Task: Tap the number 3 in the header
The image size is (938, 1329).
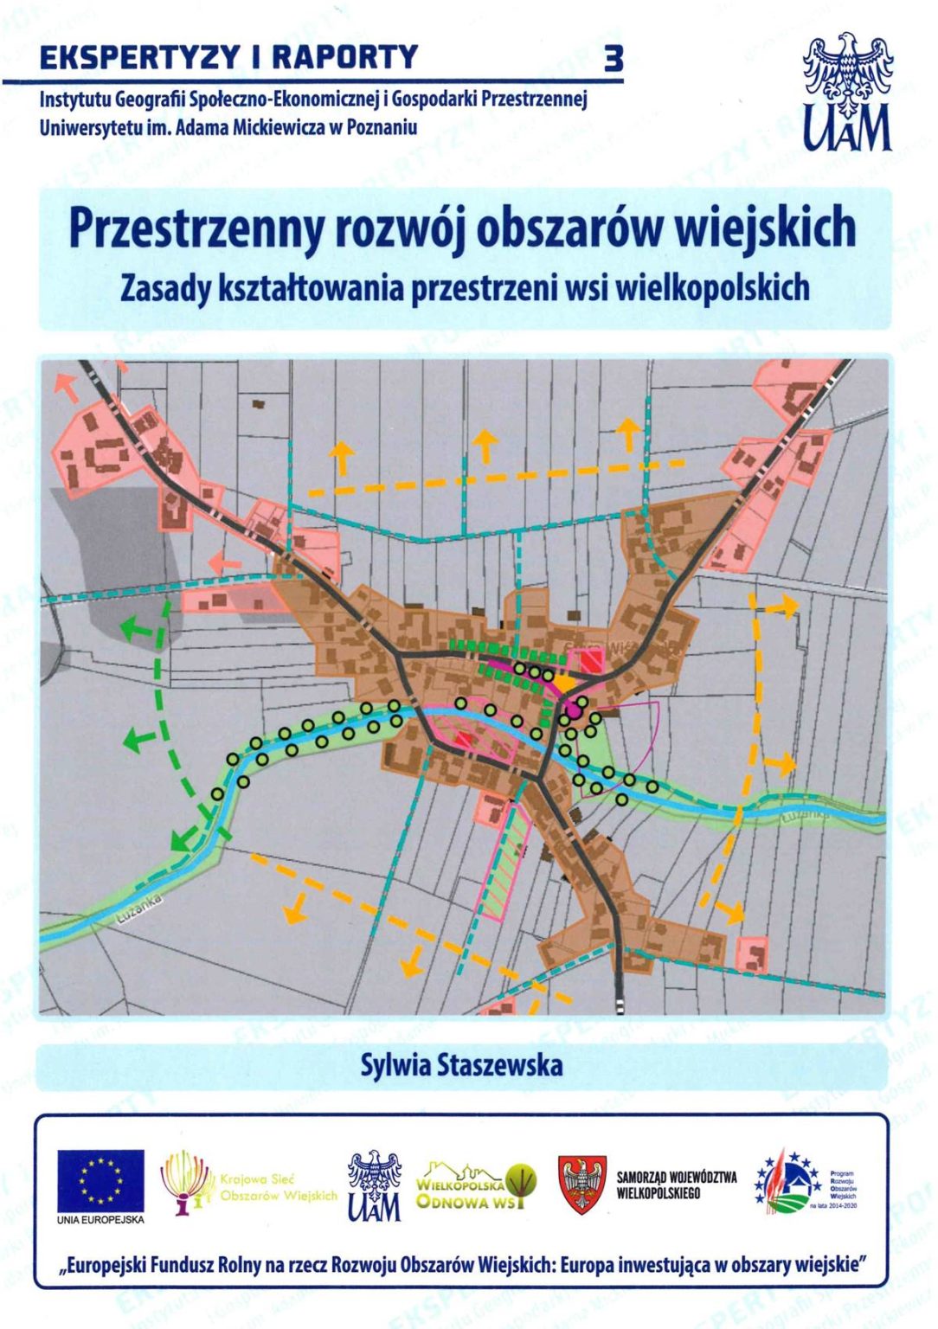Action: click(x=614, y=59)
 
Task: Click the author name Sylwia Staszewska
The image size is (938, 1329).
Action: click(x=461, y=1065)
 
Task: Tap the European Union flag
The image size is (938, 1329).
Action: click(x=100, y=1182)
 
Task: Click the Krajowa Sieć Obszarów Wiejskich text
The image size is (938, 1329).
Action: click(x=278, y=1187)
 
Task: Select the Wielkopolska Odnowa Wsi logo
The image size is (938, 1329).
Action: click(x=475, y=1186)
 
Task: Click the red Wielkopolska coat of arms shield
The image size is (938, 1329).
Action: click(x=581, y=1185)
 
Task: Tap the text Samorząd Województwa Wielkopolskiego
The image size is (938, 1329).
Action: click(x=677, y=1185)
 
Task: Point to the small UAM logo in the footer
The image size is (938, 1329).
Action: click(x=375, y=1185)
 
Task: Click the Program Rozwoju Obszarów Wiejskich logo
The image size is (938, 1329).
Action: click(x=805, y=1183)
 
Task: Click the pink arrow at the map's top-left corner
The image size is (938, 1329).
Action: click(x=66, y=386)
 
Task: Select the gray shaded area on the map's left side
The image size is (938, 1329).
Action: click(x=104, y=536)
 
